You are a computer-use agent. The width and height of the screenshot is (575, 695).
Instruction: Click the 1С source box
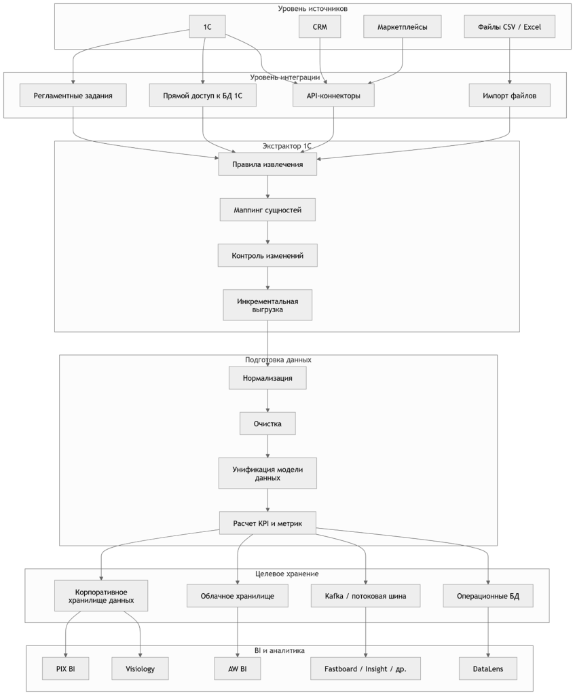pyautogui.click(x=207, y=26)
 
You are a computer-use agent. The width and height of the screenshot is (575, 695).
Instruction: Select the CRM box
pyautogui.click(x=320, y=26)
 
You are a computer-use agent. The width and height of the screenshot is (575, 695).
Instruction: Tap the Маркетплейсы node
pyautogui.click(x=403, y=26)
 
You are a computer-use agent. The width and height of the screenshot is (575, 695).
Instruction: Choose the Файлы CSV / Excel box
pyautogui.click(x=510, y=26)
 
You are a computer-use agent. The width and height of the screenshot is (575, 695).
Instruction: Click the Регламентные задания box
pyautogui.click(x=74, y=96)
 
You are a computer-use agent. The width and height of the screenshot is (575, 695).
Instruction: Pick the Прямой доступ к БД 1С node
pyautogui.click(x=203, y=96)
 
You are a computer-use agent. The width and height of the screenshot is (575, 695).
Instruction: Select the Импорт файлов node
pyautogui.click(x=510, y=96)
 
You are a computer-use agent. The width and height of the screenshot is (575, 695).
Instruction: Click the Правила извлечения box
pyautogui.click(x=267, y=164)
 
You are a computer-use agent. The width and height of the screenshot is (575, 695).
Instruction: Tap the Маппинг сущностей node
pyautogui.click(x=267, y=210)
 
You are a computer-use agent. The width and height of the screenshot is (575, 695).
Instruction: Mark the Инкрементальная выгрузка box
pyautogui.click(x=267, y=304)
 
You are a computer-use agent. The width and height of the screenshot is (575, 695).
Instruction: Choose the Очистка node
pyautogui.click(x=267, y=424)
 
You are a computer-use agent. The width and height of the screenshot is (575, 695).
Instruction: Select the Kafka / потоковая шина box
pyautogui.click(x=366, y=596)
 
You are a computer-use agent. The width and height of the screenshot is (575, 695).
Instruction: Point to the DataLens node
pyautogui.click(x=487, y=669)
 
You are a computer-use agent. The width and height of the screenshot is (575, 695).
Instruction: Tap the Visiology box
pyautogui.click(x=140, y=669)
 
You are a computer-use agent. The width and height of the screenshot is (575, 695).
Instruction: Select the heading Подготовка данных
pyautogui.click(x=278, y=359)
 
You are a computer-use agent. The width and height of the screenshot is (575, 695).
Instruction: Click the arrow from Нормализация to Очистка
pyautogui.click(x=267, y=401)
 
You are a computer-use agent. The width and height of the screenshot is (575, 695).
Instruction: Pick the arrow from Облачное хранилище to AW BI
pyautogui.click(x=237, y=631)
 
